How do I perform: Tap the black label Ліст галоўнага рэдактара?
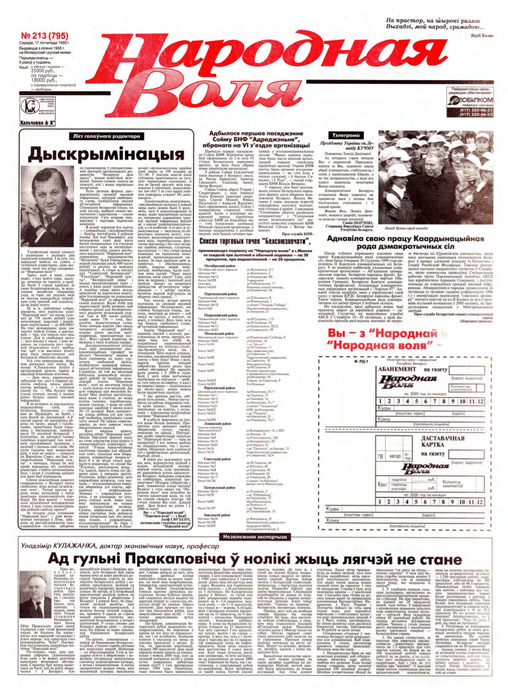pos(106,136)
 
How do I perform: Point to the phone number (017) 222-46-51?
pos(476,110)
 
